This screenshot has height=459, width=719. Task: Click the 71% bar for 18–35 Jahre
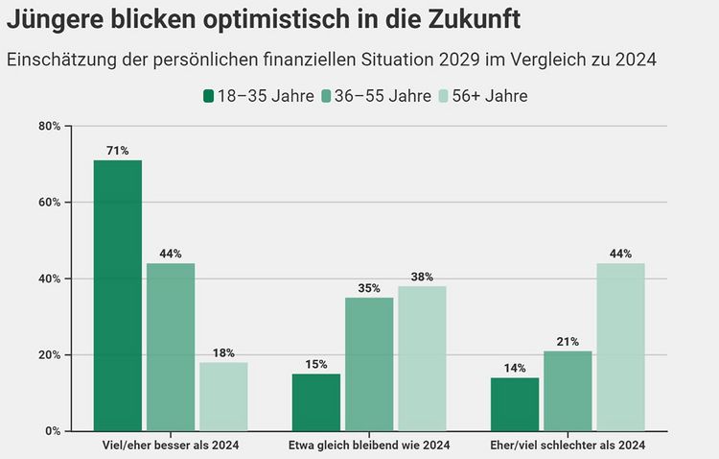tap(117, 295)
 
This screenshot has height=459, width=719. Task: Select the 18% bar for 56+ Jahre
tap(223, 396)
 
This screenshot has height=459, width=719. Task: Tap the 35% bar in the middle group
tap(369, 364)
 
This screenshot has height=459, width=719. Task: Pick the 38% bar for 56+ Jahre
tap(422, 358)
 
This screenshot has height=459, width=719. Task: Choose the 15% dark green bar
tap(315, 401)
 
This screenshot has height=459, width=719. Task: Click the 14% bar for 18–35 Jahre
tap(514, 403)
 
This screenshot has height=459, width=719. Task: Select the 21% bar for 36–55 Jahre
tap(568, 390)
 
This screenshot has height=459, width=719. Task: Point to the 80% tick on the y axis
tap(50, 126)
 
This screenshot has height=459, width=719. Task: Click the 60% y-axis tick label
tap(50, 203)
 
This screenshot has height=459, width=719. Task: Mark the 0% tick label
tap(53, 431)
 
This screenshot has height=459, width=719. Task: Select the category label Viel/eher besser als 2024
tap(171, 446)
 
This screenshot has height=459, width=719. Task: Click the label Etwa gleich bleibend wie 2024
tap(369, 446)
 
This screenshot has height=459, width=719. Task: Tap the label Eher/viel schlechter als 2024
tap(568, 446)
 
